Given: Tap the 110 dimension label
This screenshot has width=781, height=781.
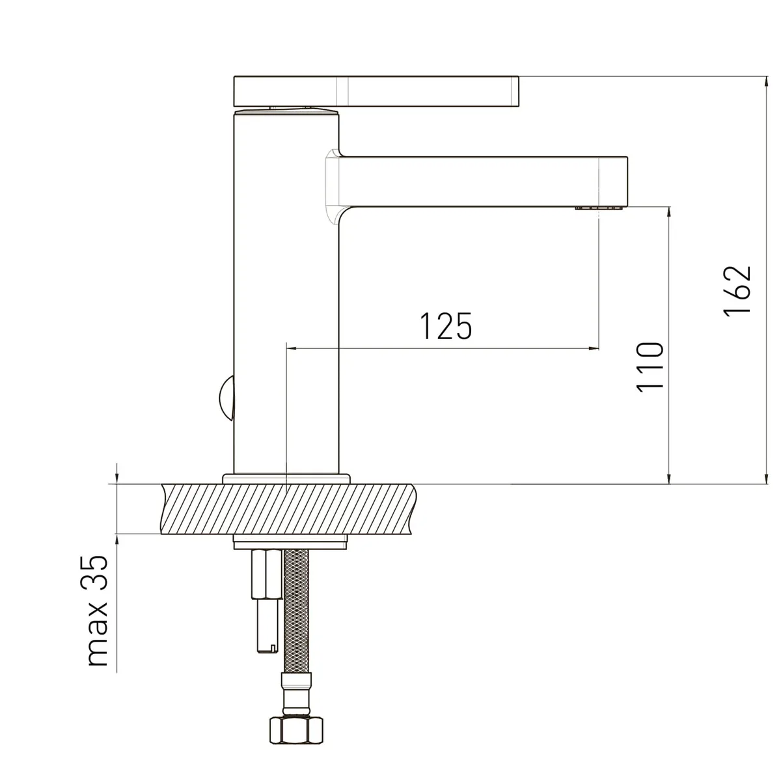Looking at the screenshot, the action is [x=650, y=367].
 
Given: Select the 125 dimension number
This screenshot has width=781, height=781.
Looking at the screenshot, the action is [x=446, y=326].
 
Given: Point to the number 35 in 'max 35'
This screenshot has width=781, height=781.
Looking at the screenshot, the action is [x=97, y=572].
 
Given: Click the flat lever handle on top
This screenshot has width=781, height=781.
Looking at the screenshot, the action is [x=376, y=91].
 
